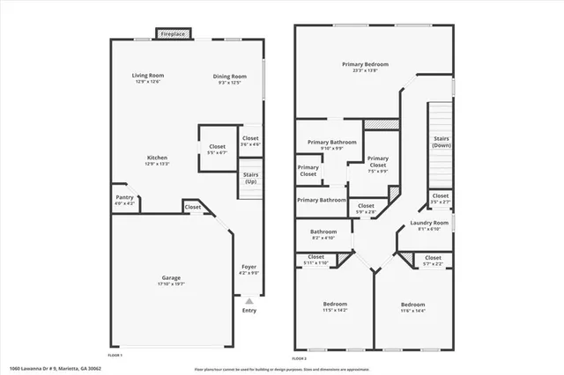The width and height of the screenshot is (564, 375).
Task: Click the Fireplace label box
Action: click(x=172, y=33)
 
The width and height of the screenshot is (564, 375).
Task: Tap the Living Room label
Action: click(x=148, y=78)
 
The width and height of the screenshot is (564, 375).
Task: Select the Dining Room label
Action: click(x=228, y=78)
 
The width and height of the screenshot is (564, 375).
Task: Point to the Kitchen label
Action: click(x=157, y=161)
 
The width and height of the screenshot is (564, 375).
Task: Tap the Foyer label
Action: click(x=249, y=269)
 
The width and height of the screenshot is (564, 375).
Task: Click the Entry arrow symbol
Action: click(x=249, y=301)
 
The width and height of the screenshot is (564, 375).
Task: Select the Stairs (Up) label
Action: click(x=250, y=178)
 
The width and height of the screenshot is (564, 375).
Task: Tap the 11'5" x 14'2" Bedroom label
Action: click(x=334, y=306)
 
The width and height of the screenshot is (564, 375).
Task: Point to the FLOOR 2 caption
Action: click(x=301, y=358)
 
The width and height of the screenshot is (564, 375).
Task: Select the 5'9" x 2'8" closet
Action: click(x=365, y=209)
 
